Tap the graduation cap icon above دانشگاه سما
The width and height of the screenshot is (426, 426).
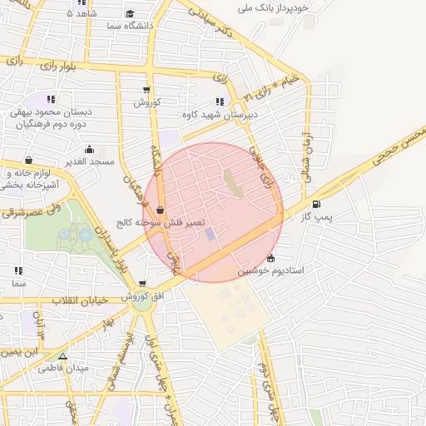[x=131, y=13]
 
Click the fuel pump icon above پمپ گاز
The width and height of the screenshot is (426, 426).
[x=315, y=204]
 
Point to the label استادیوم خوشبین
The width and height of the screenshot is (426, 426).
[x=271, y=270]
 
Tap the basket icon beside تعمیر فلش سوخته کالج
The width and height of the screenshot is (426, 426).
[x=160, y=211]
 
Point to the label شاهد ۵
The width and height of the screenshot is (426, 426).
[x=81, y=13]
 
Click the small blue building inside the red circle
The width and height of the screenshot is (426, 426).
[x=210, y=235]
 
